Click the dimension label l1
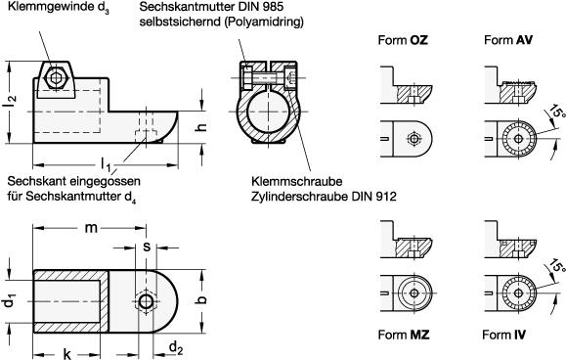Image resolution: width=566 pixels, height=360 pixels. pos(106,163)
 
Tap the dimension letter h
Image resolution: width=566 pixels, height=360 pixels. pos(201,127)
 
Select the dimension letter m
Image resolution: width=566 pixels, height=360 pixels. pos(91,228)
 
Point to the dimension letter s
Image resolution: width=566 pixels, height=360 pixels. pos(147,247)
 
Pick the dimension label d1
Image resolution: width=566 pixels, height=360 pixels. pos(10,301)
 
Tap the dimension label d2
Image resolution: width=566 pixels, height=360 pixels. pos(176,348)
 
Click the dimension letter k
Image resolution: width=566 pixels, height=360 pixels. pos(67,354)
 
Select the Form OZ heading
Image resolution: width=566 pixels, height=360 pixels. pos(403,40)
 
